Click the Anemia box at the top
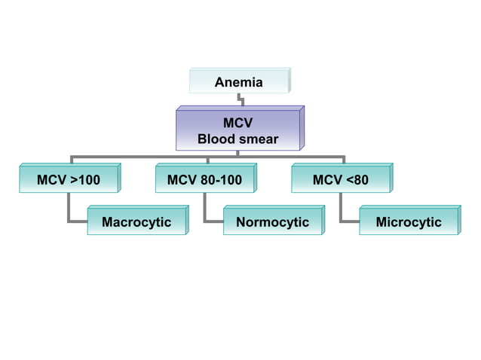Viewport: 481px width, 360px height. [238, 82]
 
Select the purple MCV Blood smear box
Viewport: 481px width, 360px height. [238, 130]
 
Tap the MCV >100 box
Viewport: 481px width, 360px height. [68, 180]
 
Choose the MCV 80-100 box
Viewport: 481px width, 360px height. [204, 180]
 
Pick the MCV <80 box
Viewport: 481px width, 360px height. [341, 180]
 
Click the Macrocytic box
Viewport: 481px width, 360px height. [136, 222]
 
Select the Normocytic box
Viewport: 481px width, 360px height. [273, 222]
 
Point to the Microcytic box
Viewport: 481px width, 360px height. [409, 222]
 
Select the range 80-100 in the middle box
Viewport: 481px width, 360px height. [221, 180]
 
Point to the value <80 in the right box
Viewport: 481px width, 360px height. [356, 180]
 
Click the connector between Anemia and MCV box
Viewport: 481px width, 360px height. [240, 99]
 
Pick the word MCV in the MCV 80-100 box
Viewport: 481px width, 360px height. [182, 180]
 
